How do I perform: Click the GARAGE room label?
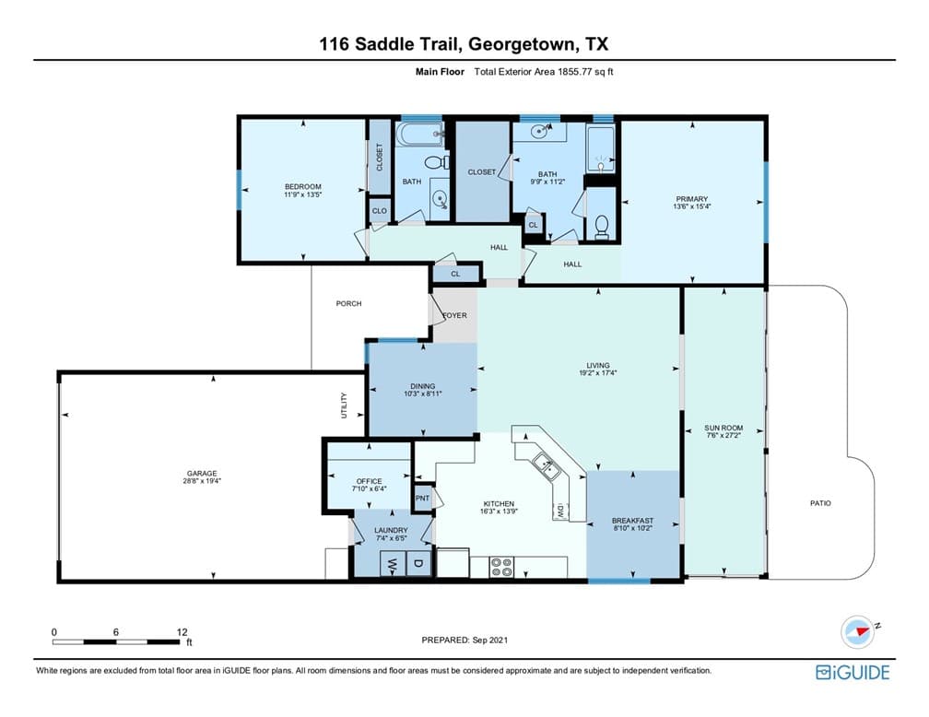(x=202, y=474)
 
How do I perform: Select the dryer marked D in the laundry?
(x=418, y=563)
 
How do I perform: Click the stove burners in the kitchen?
(x=501, y=567)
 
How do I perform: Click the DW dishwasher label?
(x=560, y=511)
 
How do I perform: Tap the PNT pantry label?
(x=422, y=499)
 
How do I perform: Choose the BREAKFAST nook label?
(x=633, y=521)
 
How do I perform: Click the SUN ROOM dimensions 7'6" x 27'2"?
(x=723, y=436)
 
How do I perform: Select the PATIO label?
(x=820, y=503)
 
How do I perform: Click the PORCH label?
(x=348, y=303)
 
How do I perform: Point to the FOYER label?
(x=455, y=315)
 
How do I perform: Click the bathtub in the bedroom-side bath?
(x=420, y=134)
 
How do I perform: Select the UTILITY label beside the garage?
(x=345, y=406)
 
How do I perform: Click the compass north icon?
(x=857, y=631)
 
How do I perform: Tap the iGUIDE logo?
(x=853, y=672)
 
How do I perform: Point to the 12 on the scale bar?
(x=182, y=632)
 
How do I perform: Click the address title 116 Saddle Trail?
(x=392, y=44)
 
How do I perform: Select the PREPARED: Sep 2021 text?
(x=464, y=640)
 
